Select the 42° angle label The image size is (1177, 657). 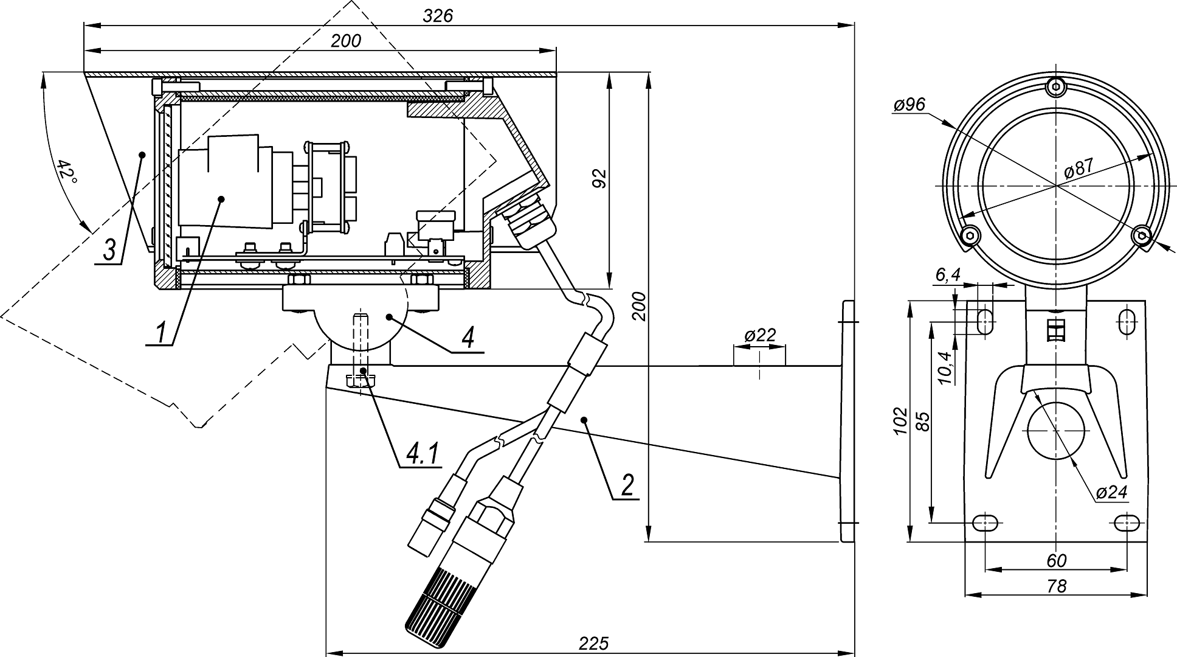[68, 173]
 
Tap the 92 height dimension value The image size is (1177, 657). [599, 178]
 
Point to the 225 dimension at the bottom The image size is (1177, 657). [594, 643]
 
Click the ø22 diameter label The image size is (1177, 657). [759, 335]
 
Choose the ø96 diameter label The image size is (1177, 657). [909, 105]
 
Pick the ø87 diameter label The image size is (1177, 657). [1079, 168]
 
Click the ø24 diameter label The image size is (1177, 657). [1112, 492]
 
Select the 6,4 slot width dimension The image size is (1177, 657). [947, 275]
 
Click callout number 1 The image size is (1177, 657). [161, 333]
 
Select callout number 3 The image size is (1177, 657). [109, 250]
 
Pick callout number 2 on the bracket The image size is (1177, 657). [627, 485]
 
